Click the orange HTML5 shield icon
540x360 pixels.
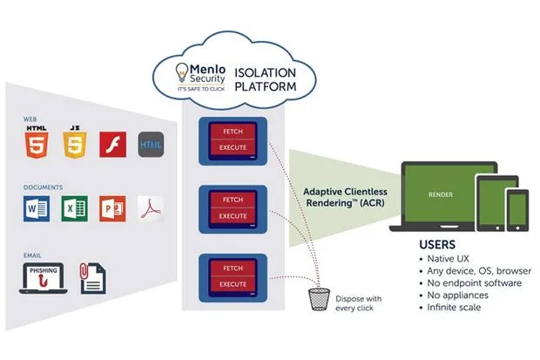(37, 143)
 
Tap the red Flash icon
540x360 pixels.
(113, 144)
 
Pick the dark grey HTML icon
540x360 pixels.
(151, 143)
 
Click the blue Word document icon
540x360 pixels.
(37, 208)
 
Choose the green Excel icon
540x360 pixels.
(75, 208)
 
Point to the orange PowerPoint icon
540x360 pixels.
(112, 208)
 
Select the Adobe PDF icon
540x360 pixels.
(150, 208)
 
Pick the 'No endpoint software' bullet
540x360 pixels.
(474, 283)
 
